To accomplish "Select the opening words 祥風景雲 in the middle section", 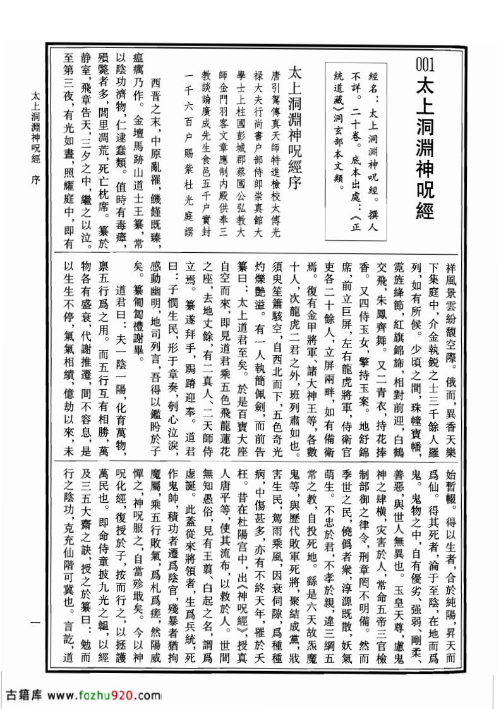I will pyautogui.click(x=450, y=278).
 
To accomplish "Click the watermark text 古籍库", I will pyautogui.click(x=23, y=695).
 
